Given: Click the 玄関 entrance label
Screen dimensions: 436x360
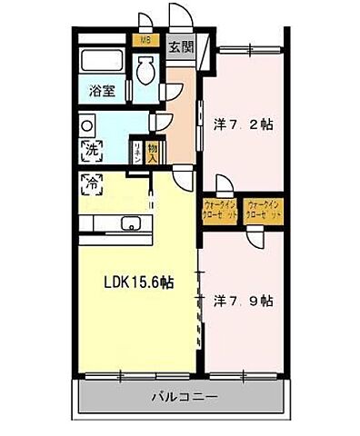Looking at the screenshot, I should click(x=182, y=46).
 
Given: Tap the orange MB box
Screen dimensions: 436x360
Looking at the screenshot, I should click(x=144, y=41).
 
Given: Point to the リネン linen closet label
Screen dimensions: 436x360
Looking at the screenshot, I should click(x=137, y=149).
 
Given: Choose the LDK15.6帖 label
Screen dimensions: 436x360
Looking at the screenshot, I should click(x=136, y=283).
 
